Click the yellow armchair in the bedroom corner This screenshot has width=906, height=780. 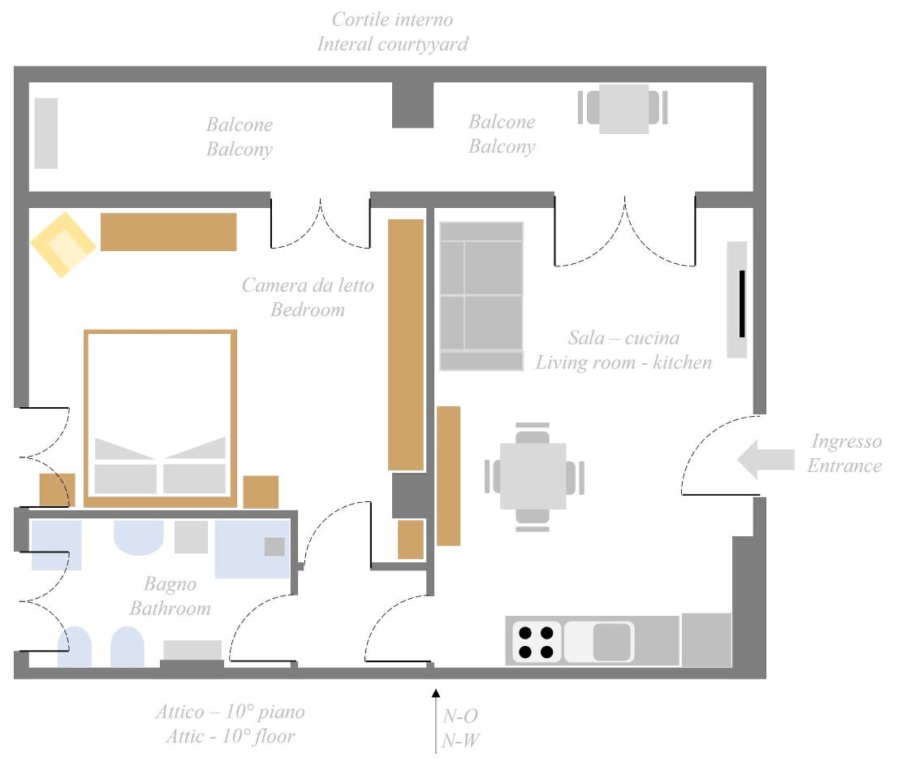pos(63,245)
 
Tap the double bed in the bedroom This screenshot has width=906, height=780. pos(160,418)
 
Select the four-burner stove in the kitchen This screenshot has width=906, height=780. pos(536,642)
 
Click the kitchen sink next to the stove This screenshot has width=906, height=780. pos(599,642)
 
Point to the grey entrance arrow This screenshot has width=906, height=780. pos(766,460)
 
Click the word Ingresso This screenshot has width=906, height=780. pos(847,441)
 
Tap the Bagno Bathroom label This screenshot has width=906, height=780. pos(170,596)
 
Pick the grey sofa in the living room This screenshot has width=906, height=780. pos(481,296)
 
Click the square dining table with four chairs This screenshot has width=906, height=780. pos(533,476)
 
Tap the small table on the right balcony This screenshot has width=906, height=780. pos(623,109)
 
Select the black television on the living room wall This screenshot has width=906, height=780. pos(742,304)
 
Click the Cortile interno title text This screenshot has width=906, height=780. pos(392,19)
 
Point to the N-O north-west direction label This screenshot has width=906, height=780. pos(460,717)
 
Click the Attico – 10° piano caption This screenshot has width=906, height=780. pos(230,712)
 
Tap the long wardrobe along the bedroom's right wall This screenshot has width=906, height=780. pos(406,344)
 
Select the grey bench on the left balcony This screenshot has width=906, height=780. pos(46,133)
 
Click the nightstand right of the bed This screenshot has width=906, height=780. pos(261,492)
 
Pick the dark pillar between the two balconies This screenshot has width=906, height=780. pos(412,105)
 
